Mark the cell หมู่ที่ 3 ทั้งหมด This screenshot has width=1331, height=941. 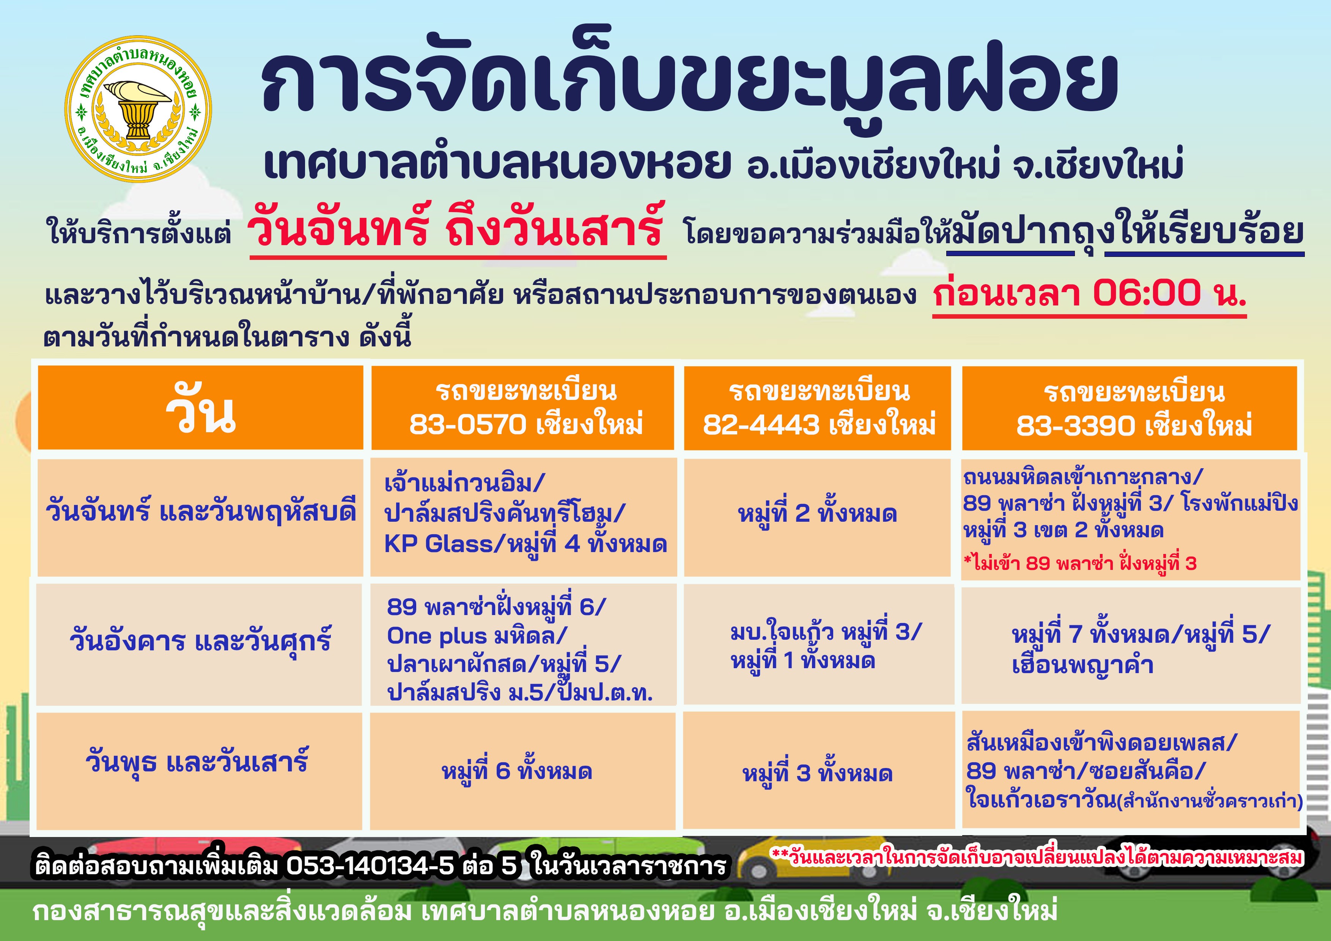click(817, 773)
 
